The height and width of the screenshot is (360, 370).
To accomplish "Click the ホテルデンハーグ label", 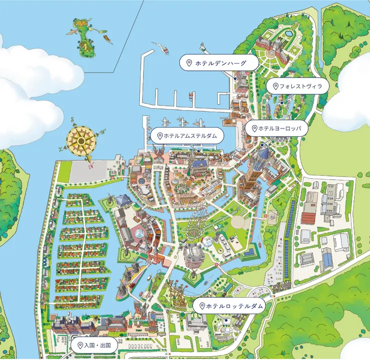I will (x=219, y=63).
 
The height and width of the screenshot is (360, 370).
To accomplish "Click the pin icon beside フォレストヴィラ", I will (x=274, y=86).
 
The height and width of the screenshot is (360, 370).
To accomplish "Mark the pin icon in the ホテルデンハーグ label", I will (x=189, y=63).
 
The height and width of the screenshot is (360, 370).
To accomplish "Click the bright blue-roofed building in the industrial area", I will (x=327, y=258).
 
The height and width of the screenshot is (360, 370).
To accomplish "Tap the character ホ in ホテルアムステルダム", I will (x=167, y=135).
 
